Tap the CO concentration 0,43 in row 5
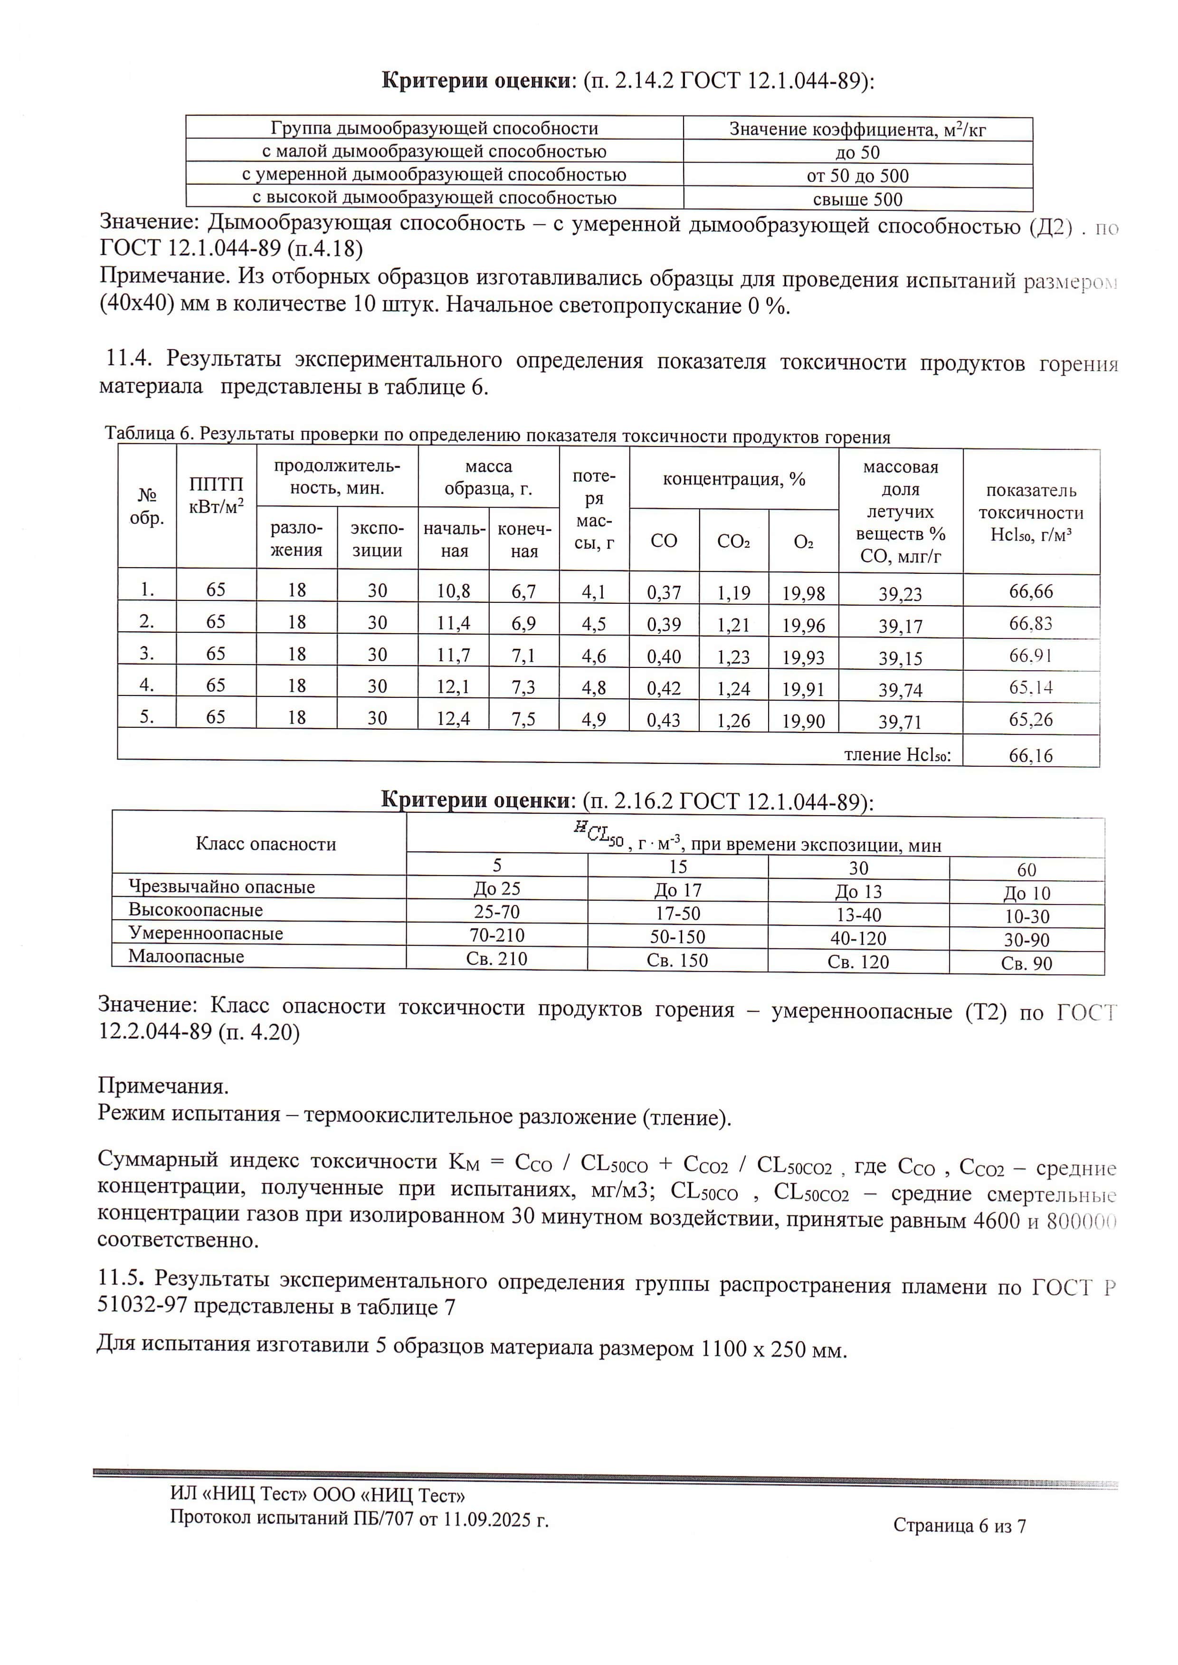click(x=664, y=720)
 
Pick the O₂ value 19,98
click(x=803, y=593)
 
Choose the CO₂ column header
click(x=733, y=541)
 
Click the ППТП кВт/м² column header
click(x=216, y=495)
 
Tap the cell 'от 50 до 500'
click(x=857, y=176)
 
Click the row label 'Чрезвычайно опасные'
click(x=221, y=886)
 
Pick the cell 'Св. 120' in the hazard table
click(x=858, y=962)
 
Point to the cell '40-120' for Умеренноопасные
click(x=858, y=938)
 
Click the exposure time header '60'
click(x=1026, y=869)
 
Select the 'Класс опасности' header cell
click(x=266, y=844)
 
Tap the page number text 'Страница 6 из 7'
click(x=959, y=1526)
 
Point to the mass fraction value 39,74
click(x=900, y=690)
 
